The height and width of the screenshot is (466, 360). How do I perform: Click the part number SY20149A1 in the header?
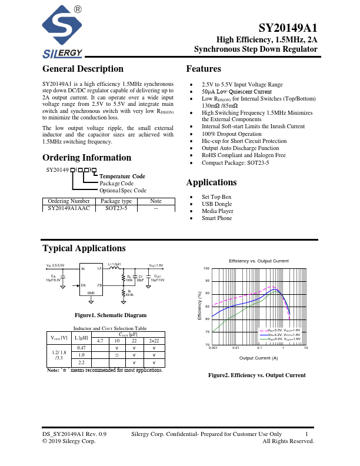click(x=288, y=29)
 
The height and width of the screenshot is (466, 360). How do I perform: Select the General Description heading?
click(x=83, y=69)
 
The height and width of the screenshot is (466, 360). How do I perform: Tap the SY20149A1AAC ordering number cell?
click(x=69, y=208)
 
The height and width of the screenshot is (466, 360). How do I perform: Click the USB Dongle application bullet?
click(x=216, y=204)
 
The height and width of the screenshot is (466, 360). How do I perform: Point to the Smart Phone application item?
click(x=216, y=218)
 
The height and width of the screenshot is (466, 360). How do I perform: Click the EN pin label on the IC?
click(x=83, y=285)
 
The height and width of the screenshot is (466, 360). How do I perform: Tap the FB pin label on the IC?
click(x=99, y=285)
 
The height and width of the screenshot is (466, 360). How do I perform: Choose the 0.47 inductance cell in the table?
click(x=81, y=348)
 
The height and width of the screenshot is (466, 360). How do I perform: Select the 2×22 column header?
click(x=154, y=340)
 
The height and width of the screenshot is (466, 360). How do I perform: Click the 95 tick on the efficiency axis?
click(x=206, y=281)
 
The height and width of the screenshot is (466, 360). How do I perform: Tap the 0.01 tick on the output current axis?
click(x=236, y=348)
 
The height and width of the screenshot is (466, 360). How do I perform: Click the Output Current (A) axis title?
click(x=259, y=357)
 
